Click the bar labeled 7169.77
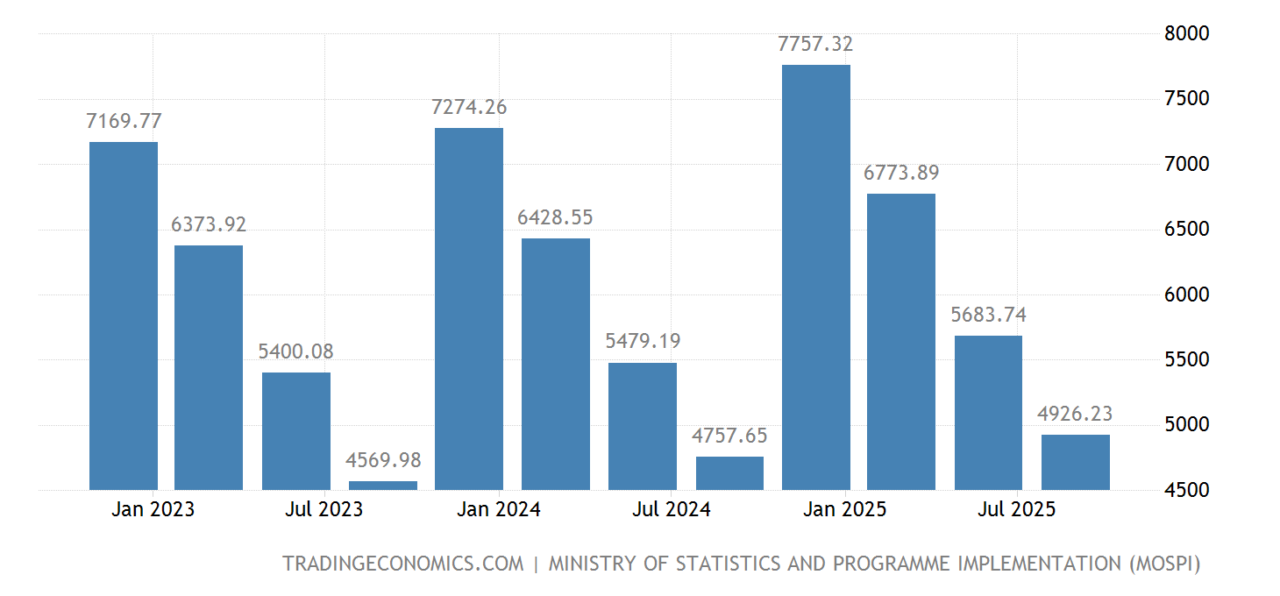pyautogui.click(x=124, y=316)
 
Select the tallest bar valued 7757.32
pyautogui.click(x=816, y=277)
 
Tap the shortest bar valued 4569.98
pyautogui.click(x=383, y=486)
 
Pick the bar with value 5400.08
pyautogui.click(x=296, y=431)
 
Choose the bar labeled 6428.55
pyautogui.click(x=556, y=364)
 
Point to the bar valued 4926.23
pyautogui.click(x=1076, y=462)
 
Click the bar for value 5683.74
pyautogui.click(x=988, y=412)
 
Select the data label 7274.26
pyautogui.click(x=469, y=108)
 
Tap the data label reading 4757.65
pyautogui.click(x=729, y=436)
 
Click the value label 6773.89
pyautogui.click(x=901, y=174)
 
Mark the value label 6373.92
pyautogui.click(x=209, y=225)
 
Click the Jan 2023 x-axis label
pyautogui.click(x=153, y=509)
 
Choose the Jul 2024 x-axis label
pyautogui.click(x=672, y=509)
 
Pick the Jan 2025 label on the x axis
pyautogui.click(x=845, y=509)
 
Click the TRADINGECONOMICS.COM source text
pyautogui.click(x=402, y=564)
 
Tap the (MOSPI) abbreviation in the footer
pyautogui.click(x=1163, y=564)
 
